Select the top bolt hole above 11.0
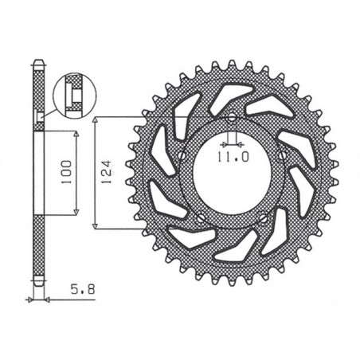click(229, 119)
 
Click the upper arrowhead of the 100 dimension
click(76, 134)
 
